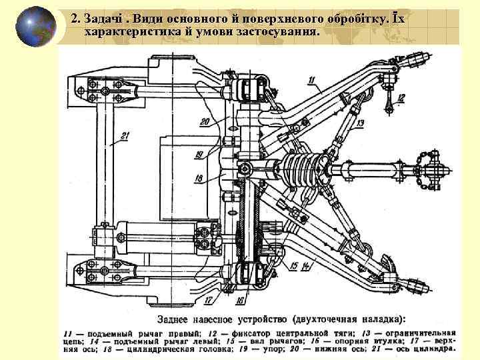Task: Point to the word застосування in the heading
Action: pyautogui.click(x=283, y=32)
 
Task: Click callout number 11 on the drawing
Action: pyautogui.click(x=311, y=81)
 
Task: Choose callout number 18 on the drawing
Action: pyautogui.click(x=199, y=178)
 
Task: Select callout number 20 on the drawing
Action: pyautogui.click(x=204, y=121)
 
